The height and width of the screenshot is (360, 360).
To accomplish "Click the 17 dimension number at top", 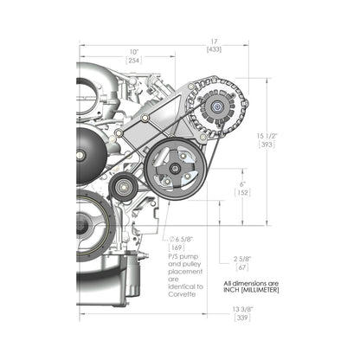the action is click(214, 42).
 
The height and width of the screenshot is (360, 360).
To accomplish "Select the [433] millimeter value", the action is click(214, 49).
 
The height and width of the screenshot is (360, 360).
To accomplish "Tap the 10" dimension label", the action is click(134, 53).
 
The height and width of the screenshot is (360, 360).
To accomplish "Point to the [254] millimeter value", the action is click(134, 61).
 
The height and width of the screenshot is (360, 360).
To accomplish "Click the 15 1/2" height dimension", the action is click(267, 136).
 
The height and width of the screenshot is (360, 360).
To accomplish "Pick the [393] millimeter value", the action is click(267, 145).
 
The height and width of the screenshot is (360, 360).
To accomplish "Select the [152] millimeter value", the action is click(242, 192).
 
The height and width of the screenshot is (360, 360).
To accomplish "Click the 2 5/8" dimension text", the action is click(241, 259).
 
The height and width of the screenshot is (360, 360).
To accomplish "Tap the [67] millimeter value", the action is click(241, 267).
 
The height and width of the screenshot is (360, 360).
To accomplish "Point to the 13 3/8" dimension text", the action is click(242, 310).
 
